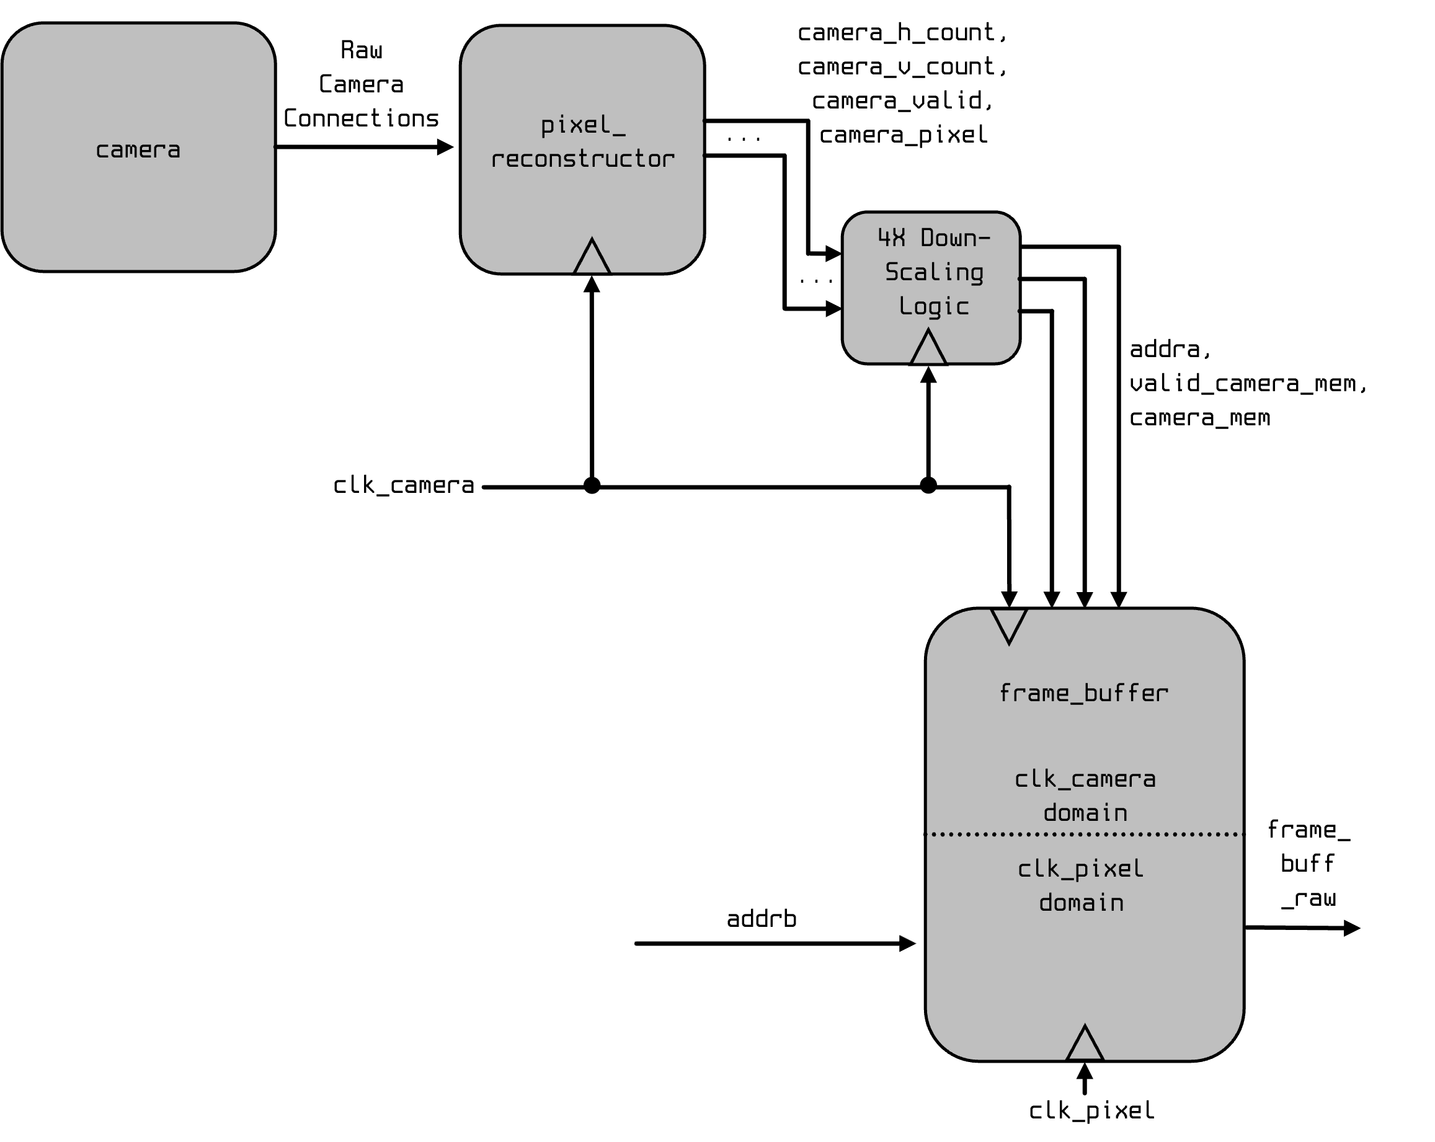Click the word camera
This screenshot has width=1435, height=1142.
coord(138,151)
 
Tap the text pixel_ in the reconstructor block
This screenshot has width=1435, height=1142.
coord(582,125)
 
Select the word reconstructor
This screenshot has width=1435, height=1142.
coord(582,159)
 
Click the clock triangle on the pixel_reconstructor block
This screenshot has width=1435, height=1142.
coord(592,258)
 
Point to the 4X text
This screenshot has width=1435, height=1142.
coord(891,237)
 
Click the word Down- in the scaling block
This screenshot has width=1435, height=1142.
coord(955,237)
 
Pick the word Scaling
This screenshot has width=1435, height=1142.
coord(934,272)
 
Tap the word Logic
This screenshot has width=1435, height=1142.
coord(933,307)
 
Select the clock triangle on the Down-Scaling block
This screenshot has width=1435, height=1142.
coord(928,348)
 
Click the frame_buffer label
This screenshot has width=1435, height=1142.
coord(1083,694)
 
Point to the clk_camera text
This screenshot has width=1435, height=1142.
coord(1085,779)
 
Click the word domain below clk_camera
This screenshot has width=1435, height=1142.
coord(1085,813)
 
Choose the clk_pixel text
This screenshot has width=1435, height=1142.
coord(1080,869)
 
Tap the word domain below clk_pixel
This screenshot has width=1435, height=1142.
coord(1081,903)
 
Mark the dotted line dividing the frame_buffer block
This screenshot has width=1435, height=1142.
coord(1084,834)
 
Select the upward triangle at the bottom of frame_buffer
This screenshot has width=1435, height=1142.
coord(1085,1045)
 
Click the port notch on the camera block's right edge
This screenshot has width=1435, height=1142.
coord(274,146)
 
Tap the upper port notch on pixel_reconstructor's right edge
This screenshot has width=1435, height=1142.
coord(703,121)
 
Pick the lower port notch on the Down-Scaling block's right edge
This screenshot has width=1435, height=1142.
coord(1019,311)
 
